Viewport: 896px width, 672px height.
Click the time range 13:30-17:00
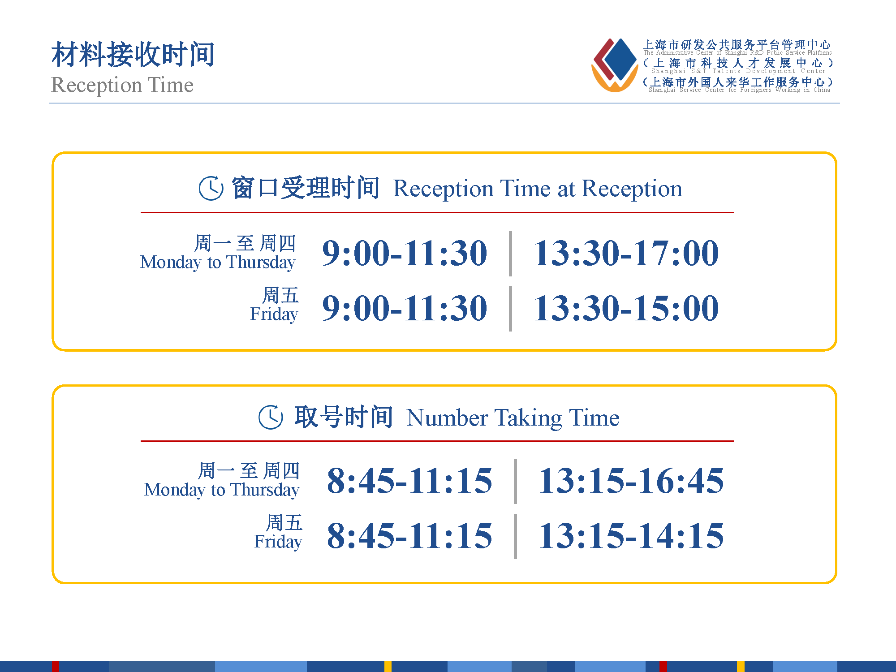[x=626, y=253]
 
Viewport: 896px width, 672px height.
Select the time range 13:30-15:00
[x=626, y=308]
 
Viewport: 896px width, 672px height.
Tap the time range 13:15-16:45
[x=631, y=481]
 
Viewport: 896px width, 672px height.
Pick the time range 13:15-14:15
[x=631, y=536]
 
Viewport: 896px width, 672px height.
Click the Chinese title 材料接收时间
[x=133, y=54]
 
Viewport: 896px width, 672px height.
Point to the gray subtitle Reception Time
[x=122, y=85]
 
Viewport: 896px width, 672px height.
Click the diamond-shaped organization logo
[x=615, y=65]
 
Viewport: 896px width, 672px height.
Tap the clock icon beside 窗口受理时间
[x=211, y=188]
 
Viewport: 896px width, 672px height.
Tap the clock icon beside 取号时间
[x=271, y=417]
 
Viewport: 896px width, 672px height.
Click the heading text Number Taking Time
[x=513, y=418]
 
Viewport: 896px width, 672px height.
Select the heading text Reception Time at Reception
[x=538, y=189]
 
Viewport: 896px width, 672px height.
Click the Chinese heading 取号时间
[x=344, y=417]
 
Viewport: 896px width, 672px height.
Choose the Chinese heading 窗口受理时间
[x=306, y=188]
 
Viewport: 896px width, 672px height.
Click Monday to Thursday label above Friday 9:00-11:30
[x=218, y=262]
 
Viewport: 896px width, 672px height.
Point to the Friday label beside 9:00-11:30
[x=274, y=314]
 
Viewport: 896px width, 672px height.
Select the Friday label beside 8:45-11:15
[x=278, y=542]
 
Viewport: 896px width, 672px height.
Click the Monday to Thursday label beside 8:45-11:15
[x=222, y=490]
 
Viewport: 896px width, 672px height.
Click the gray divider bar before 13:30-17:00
[x=510, y=254]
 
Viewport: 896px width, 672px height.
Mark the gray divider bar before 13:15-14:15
[x=515, y=536]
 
